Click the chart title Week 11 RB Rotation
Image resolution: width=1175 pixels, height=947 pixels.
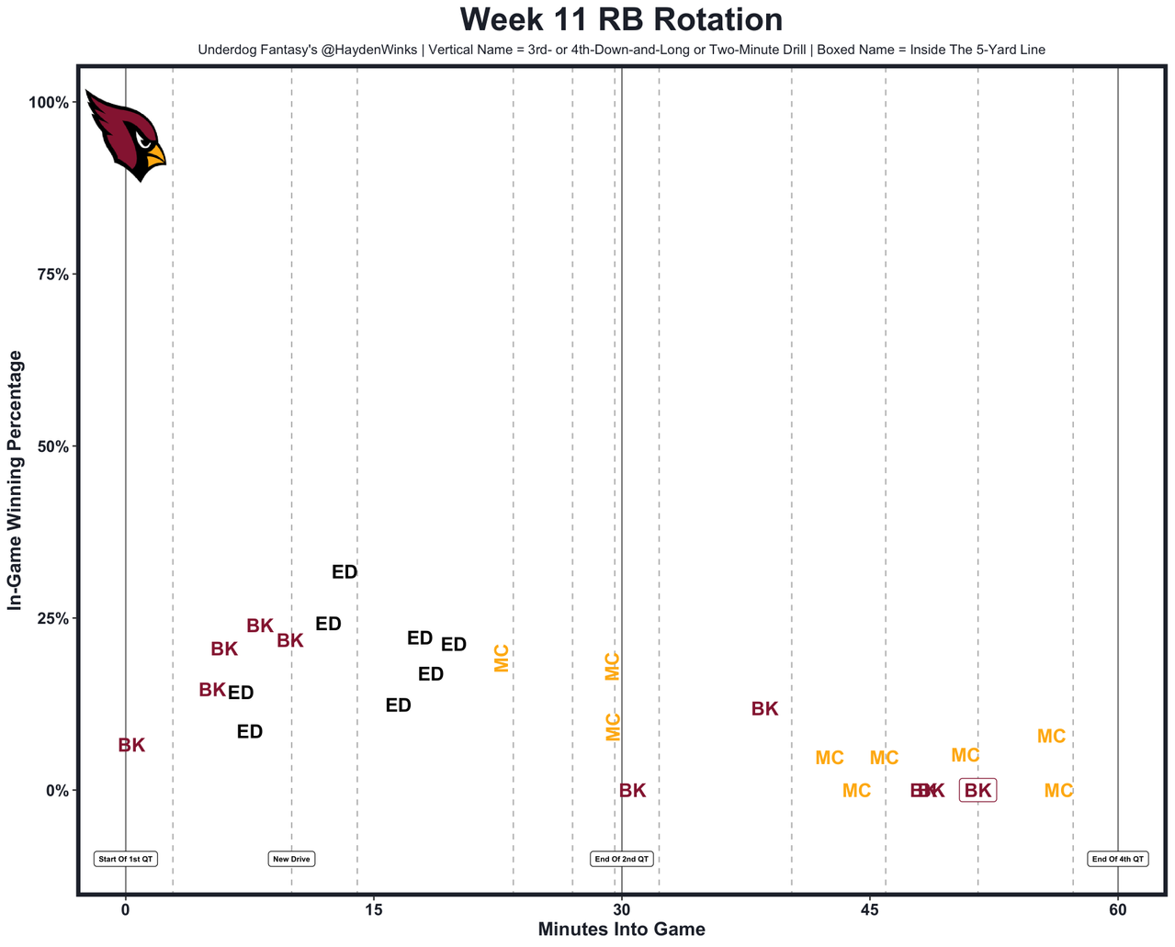621,20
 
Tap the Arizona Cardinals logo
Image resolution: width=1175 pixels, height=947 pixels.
125,136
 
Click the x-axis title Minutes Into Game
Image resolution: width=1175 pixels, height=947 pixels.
621,930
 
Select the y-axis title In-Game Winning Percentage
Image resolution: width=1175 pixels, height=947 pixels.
15,480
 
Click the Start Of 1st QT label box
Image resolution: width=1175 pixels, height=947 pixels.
126,860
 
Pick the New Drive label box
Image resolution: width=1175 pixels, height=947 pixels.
291,860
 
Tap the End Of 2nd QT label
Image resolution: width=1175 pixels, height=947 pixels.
622,860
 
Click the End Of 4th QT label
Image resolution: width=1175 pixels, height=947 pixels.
1118,860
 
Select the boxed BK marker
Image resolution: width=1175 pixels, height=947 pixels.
977,790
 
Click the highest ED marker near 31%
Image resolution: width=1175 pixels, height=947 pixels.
345,572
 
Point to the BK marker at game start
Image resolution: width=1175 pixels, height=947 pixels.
131,746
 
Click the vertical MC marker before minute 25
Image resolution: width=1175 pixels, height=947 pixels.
502,658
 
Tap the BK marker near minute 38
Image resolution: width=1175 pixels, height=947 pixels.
764,709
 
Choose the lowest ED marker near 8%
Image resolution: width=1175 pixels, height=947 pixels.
250,732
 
